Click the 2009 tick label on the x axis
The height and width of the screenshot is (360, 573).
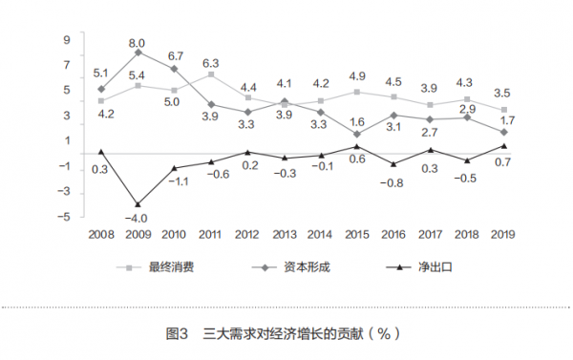pyautogui.click(x=138, y=233)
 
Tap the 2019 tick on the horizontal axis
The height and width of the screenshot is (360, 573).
pyautogui.click(x=502, y=233)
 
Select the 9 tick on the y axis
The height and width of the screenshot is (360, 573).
pyautogui.click(x=68, y=40)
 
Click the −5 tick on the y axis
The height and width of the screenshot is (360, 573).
pyautogui.click(x=65, y=217)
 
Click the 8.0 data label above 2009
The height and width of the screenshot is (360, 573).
pyautogui.click(x=138, y=42)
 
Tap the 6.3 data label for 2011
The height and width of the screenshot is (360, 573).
pyautogui.click(x=211, y=63)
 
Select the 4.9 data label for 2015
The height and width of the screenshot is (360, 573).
pyautogui.click(x=357, y=76)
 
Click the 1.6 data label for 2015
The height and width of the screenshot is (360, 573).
pyautogui.click(x=357, y=121)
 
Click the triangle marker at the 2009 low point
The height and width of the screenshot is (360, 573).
pyautogui.click(x=138, y=203)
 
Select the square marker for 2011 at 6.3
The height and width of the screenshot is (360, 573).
pyautogui.click(x=211, y=74)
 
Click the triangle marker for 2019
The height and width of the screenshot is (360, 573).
pyautogui.click(x=503, y=145)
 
